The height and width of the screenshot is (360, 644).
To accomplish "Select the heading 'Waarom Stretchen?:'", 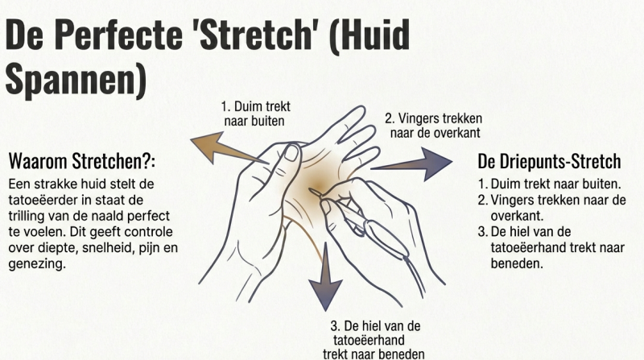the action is pyautogui.click(x=82, y=161).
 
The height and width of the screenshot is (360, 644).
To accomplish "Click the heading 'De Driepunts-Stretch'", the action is pyautogui.click(x=549, y=161).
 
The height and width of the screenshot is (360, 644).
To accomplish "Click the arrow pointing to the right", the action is pyautogui.click(x=411, y=164).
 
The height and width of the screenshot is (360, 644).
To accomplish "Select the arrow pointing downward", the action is pyautogui.click(x=326, y=276).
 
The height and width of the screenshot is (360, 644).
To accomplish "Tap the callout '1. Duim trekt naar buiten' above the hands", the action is pyautogui.click(x=255, y=114).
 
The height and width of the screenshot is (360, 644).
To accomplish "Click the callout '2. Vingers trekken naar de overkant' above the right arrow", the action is pyautogui.click(x=434, y=126).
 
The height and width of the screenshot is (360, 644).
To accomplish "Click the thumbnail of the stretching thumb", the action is pyautogui.click(x=291, y=153).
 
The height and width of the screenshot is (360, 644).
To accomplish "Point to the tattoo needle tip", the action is pyautogui.click(x=311, y=190).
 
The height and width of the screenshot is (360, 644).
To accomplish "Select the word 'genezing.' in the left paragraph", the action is pyautogui.click(x=37, y=264).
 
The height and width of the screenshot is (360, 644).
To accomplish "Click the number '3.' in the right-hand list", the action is pyautogui.click(x=483, y=232).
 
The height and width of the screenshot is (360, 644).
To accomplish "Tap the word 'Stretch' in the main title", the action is pyautogui.click(x=252, y=34).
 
